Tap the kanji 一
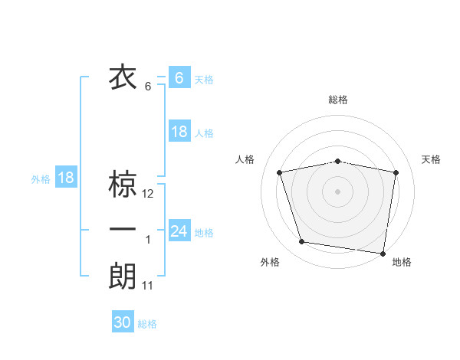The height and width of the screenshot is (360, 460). (x=123, y=230)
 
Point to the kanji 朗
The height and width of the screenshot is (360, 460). (x=123, y=276)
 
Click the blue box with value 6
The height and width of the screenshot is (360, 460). (x=179, y=77)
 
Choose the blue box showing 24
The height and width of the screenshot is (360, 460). (x=179, y=231)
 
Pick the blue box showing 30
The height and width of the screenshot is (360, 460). (x=123, y=322)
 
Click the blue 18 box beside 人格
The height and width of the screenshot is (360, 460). (x=179, y=132)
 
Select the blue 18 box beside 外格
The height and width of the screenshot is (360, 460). (x=66, y=178)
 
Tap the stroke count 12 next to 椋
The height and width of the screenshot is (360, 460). (x=148, y=194)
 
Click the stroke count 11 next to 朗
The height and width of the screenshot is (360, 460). (x=148, y=286)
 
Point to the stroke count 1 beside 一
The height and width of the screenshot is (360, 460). (x=148, y=240)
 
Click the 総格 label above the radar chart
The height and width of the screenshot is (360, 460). (x=337, y=100)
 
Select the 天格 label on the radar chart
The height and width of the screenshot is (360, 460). (x=432, y=159)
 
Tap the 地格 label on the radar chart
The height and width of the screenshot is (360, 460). (x=402, y=263)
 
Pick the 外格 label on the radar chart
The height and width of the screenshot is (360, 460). (x=270, y=263)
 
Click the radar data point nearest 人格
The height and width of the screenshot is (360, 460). (x=281, y=172)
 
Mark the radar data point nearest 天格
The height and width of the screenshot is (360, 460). (x=396, y=172)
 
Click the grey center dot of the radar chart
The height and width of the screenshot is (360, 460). (x=337, y=191)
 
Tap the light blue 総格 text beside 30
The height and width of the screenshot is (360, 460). (x=147, y=324)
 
